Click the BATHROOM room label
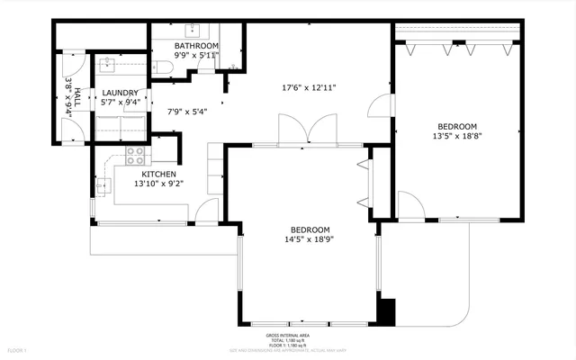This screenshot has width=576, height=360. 196,45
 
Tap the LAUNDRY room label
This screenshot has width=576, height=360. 120,93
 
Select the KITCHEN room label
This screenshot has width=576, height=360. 157,174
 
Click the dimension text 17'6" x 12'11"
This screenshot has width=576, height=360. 309,88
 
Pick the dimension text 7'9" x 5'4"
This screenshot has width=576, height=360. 188,112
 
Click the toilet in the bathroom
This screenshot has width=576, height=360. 166,68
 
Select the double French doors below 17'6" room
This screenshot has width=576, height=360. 295,130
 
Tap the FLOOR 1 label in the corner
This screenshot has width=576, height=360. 17,349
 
